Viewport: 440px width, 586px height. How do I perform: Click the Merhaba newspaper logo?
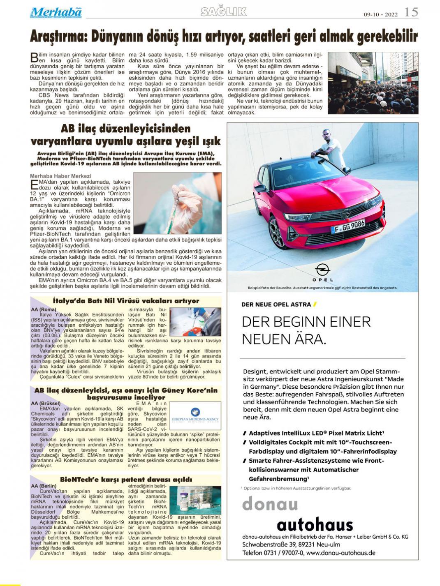tap(56, 13)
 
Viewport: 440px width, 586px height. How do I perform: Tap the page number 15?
tap(411, 12)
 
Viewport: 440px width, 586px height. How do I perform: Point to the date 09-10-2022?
tap(381, 14)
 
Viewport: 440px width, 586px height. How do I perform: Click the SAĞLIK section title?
tap(224, 12)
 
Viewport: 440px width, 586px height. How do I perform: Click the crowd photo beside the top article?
tap(373, 83)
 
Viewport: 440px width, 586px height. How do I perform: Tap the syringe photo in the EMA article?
tap(177, 203)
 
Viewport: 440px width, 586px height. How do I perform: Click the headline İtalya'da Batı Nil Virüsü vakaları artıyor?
tap(126, 301)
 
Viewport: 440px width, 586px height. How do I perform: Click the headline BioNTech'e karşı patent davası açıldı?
tap(126, 479)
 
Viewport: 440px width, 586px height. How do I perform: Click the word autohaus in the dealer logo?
tap(315, 525)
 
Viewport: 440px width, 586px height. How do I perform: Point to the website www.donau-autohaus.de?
tap(340, 553)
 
